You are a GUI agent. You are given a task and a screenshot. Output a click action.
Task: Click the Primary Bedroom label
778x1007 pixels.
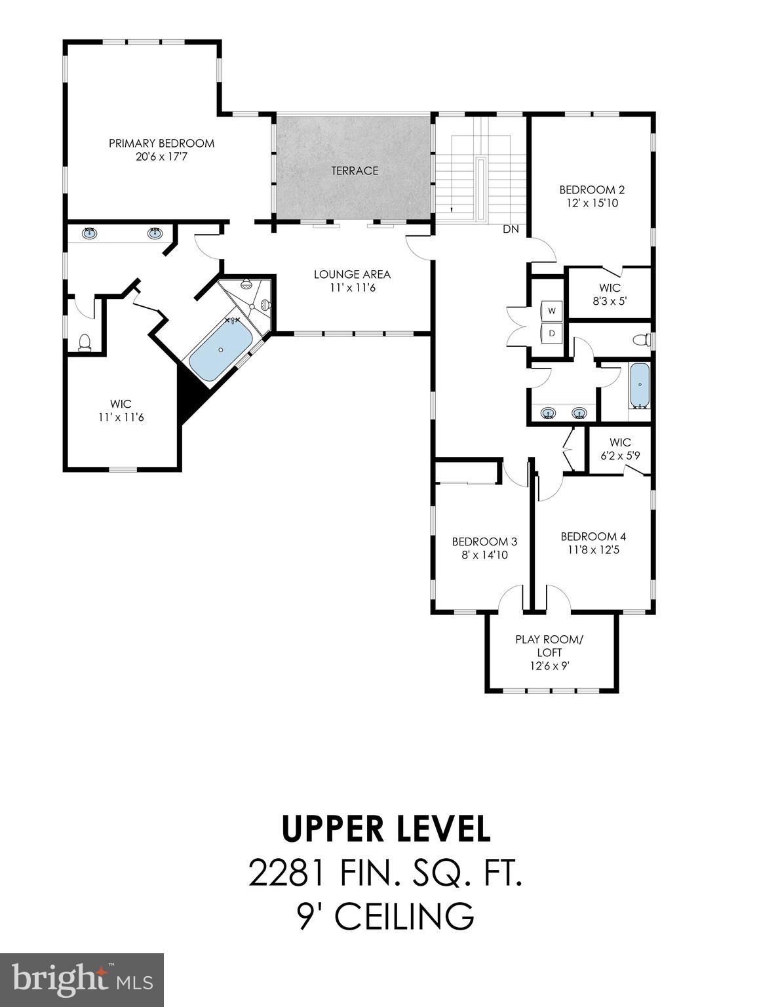161,144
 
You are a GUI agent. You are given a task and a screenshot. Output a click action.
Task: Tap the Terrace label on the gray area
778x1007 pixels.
355,170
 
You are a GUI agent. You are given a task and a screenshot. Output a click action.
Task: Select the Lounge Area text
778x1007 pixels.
352,274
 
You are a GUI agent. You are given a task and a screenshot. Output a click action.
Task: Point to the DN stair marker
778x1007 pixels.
511,229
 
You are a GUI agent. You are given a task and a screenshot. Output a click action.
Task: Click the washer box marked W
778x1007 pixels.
552,310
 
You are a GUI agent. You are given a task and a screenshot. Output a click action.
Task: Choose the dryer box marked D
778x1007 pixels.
552,333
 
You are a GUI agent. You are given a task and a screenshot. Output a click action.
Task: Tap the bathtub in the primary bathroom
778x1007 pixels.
220,351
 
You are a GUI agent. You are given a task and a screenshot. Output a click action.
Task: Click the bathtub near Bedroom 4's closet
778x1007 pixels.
639,385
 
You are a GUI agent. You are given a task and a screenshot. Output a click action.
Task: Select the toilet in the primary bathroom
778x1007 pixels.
84,343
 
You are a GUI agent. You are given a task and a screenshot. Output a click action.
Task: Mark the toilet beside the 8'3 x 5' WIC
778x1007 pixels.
642,340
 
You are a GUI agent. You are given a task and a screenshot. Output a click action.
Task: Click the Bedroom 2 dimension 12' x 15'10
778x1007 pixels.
592,203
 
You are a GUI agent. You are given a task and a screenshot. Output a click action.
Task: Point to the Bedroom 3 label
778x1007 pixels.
484,542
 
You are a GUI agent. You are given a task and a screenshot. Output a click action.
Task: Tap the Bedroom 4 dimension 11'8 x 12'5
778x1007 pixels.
589,550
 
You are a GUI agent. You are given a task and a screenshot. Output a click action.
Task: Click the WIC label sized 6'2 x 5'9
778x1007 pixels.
619,443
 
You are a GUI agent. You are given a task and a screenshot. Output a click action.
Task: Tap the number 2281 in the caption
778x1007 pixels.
285,873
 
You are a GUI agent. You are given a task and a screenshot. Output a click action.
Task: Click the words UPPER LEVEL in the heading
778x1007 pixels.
386,829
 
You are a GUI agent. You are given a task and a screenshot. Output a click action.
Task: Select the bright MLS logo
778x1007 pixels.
82,980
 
